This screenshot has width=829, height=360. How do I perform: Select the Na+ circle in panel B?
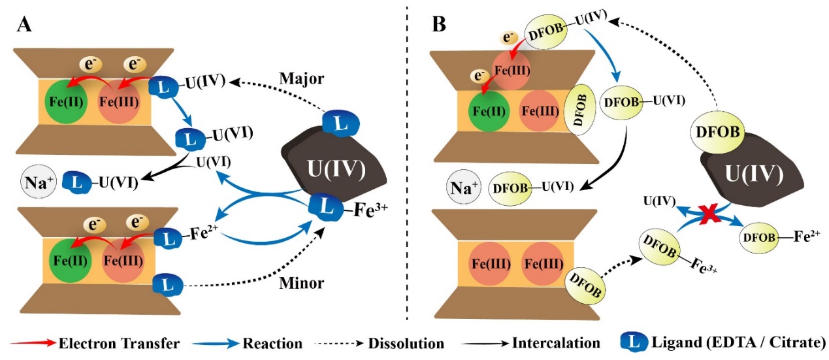click(462, 188)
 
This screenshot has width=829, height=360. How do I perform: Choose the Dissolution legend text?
click(406, 342)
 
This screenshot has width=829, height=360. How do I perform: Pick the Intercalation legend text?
click(556, 342)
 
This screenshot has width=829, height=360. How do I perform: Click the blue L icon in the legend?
click(632, 342)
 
